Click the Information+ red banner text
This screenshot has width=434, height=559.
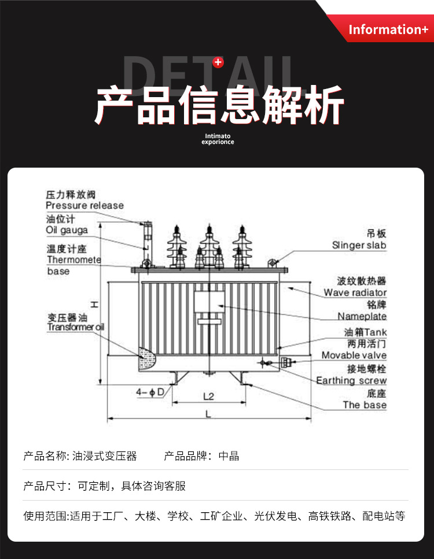coord(388,29)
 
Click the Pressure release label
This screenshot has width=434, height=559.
coord(84,205)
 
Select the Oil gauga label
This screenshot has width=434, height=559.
coord(67,230)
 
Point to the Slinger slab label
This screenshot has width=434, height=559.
coord(359,245)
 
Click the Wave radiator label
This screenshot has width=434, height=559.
coord(355,293)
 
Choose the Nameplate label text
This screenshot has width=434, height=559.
coord(362,316)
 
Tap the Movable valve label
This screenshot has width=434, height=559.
coord(354,355)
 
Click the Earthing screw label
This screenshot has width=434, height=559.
coord(351,380)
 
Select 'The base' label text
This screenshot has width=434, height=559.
coord(365,405)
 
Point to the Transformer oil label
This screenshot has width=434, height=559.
coord(76,327)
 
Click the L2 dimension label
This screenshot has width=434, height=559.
coord(209,396)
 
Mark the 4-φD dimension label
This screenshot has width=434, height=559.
coord(150,393)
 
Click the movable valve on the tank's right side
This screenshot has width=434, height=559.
coord(284,362)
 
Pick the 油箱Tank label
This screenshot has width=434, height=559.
coord(365,332)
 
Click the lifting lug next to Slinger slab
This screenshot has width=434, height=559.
coord(271,264)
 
